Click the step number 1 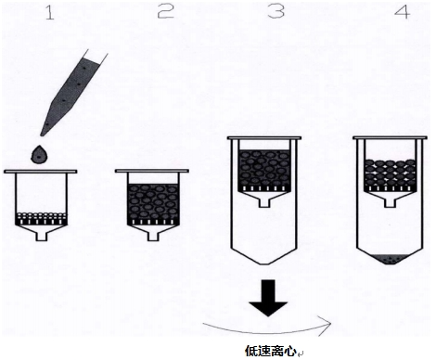click(50, 13)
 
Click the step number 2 click(166, 12)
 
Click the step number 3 click(276, 12)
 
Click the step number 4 click(403, 12)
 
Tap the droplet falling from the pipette click(39, 155)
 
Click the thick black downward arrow click(268, 298)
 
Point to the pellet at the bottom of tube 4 click(390, 259)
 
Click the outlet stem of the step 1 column click(41, 236)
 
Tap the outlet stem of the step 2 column click(152, 236)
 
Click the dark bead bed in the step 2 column click(153, 204)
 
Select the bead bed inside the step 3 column click(264, 171)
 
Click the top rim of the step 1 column click(41, 172)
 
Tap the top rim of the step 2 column click(152, 171)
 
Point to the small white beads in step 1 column click(41, 215)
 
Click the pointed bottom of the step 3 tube click(264, 264)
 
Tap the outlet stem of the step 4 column click(391, 202)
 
